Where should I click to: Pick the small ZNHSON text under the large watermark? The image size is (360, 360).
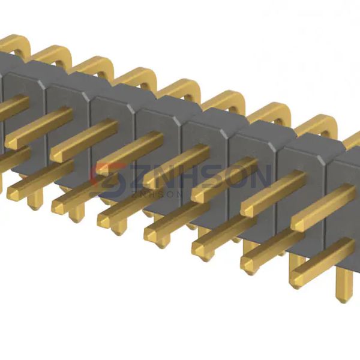pos(157,194)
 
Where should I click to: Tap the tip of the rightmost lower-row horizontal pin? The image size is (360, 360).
pos(296,280)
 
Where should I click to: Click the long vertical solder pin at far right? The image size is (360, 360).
pos(343,284)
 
